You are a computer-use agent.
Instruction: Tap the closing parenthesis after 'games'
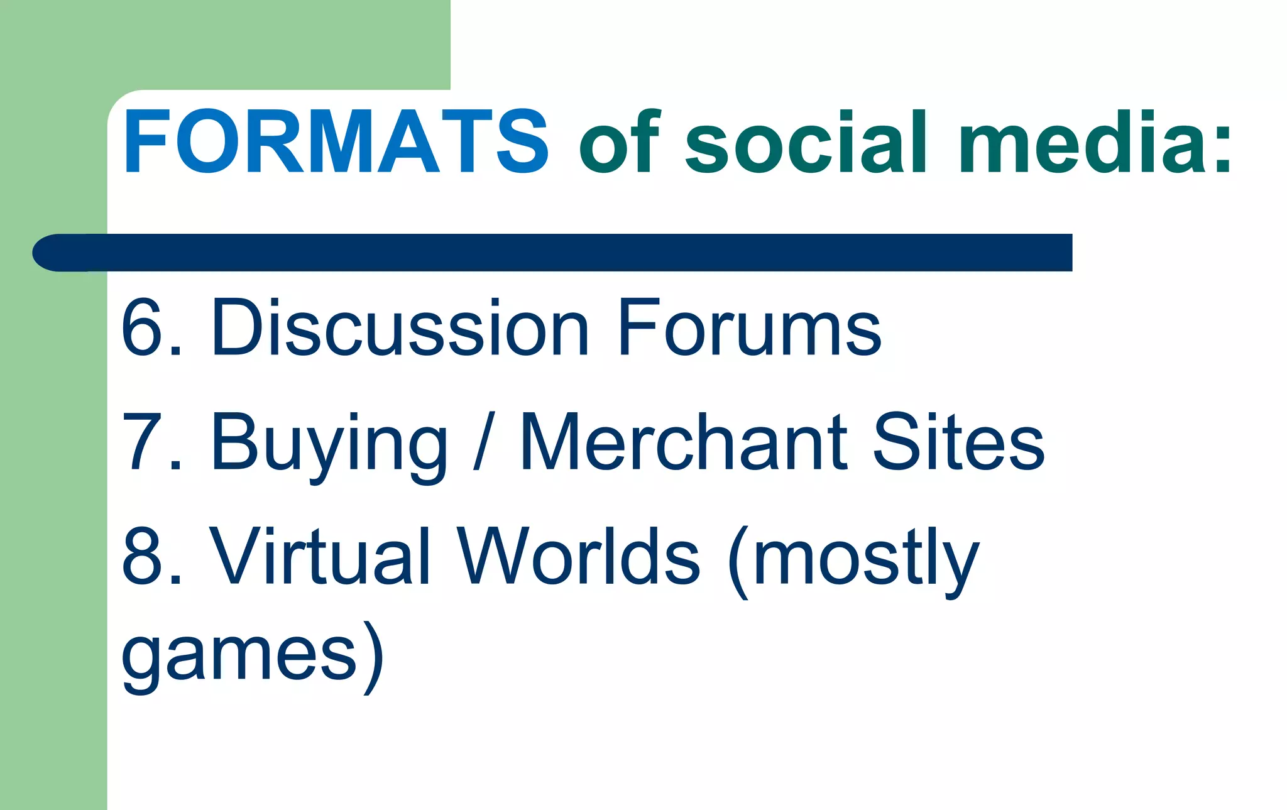[373, 657]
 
